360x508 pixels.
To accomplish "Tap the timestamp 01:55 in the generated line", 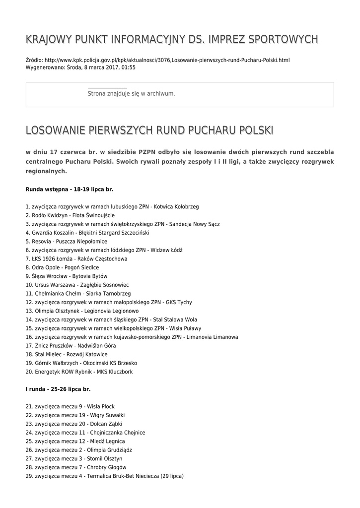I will (x=129, y=67).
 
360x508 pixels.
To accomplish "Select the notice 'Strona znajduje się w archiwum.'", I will (x=131, y=93).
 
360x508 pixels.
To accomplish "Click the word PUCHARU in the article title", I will (x=205, y=130).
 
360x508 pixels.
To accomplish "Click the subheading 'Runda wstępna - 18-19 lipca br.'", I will (x=70, y=189).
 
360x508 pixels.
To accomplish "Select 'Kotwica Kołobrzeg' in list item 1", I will (x=177, y=206).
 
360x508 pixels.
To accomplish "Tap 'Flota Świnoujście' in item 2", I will (x=93, y=215).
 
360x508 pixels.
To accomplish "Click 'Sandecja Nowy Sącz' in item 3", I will (x=194, y=224).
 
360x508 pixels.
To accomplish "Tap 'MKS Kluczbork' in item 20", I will (x=115, y=372).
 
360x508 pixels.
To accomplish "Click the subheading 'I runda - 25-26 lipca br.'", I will (x=58, y=389).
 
